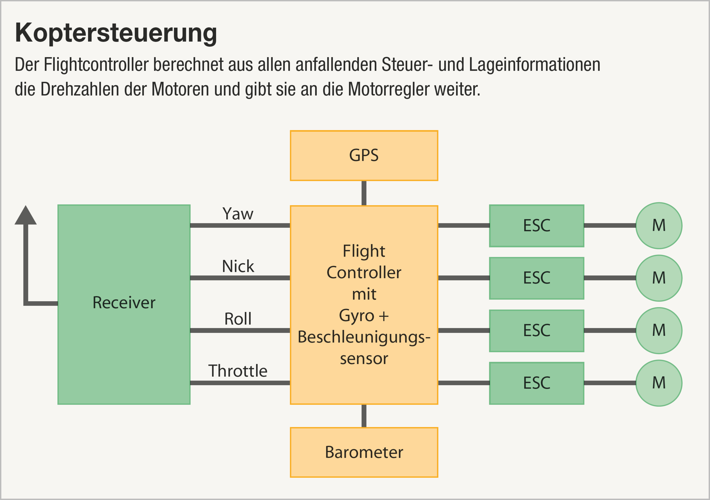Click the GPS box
click(x=364, y=155)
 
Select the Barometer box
click(x=364, y=452)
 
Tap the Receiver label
click(x=124, y=303)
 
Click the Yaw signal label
click(x=238, y=214)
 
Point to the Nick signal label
click(x=238, y=266)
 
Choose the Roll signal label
click(x=238, y=319)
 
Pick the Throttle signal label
click(x=238, y=371)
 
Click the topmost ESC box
click(x=537, y=226)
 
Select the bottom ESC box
click(x=537, y=383)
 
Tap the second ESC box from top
click(x=537, y=278)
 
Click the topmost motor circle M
click(x=659, y=226)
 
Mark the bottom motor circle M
click(x=659, y=383)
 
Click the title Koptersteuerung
click(x=116, y=33)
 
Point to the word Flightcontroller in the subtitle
click(x=96, y=65)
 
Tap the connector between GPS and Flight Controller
click(x=364, y=193)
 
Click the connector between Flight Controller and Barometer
click(x=364, y=416)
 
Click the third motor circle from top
click(x=659, y=331)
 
